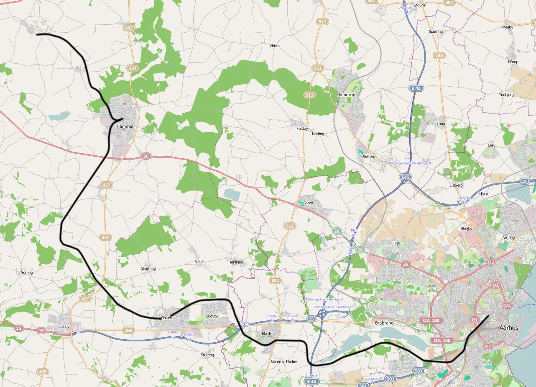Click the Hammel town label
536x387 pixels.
125,126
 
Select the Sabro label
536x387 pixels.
308,203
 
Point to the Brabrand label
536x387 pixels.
384,323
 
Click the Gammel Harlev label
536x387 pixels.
283,361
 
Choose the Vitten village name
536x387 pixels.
274,46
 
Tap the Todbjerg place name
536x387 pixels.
506,95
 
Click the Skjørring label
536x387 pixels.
148,268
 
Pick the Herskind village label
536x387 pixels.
235,262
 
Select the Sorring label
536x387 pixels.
27,272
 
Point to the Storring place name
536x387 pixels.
207,355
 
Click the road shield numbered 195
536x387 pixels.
129,330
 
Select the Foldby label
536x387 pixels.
302,129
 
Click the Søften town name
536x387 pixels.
368,157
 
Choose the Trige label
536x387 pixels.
441,123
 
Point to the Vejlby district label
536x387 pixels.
509,237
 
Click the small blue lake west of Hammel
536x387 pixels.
59,116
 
